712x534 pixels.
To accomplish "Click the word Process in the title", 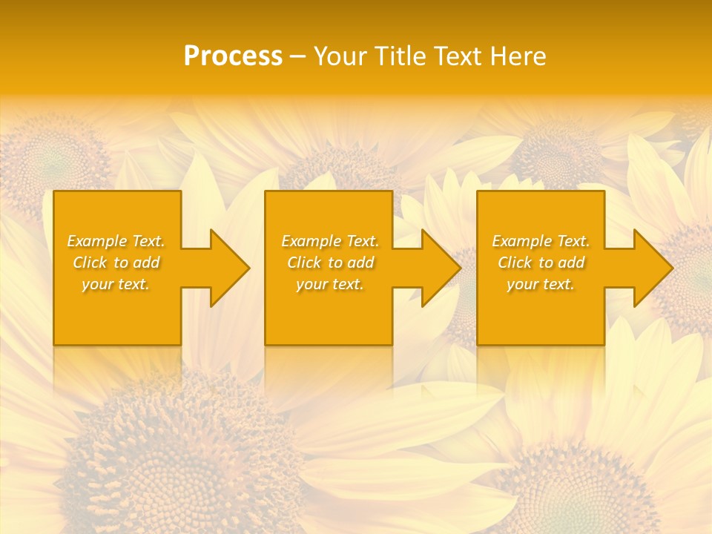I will pos(233,56).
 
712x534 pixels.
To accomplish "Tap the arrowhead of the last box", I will pos(652,268).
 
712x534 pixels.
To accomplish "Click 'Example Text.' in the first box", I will pos(116,241).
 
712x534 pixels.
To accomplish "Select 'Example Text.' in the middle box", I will pos(329,241).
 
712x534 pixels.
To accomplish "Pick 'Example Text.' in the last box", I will pos(541,241).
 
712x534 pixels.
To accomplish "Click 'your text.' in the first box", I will pos(116,284).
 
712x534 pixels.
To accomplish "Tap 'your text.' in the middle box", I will pos(329,284).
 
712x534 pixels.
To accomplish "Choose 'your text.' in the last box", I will pos(541,284).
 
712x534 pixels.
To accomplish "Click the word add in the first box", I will pos(147,263).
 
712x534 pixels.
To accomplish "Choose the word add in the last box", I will pos(572,263).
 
